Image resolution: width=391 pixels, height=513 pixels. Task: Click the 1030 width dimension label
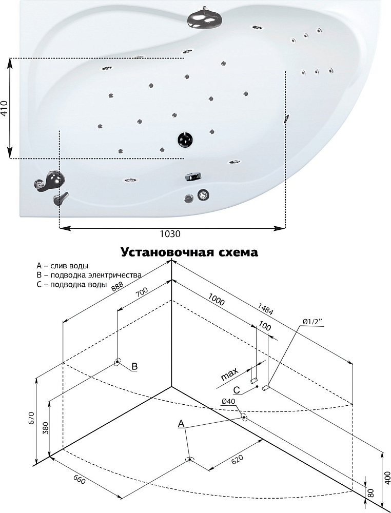(x=170, y=234)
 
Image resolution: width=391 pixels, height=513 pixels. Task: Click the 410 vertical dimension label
(x=5, y=109)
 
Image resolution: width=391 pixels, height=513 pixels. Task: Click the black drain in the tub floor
(x=185, y=139)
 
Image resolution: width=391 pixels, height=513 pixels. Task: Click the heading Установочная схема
(x=189, y=252)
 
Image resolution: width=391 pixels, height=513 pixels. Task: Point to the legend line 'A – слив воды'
(x=62, y=266)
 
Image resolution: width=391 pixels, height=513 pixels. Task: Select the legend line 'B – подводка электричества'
(x=89, y=275)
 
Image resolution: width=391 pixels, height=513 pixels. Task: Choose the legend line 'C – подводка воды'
(x=72, y=284)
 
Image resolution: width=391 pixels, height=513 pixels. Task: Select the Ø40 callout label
(x=229, y=401)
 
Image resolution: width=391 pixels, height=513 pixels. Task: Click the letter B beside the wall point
(x=134, y=366)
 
